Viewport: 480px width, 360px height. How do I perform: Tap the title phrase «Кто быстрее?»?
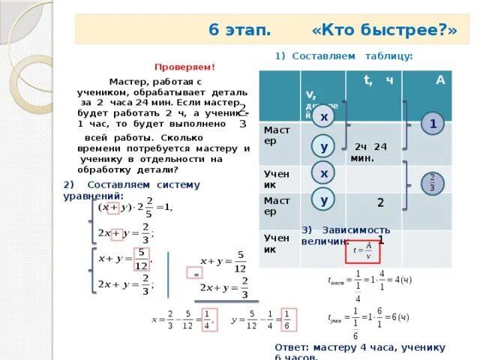(x=385, y=30)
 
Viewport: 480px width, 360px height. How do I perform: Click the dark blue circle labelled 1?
(x=433, y=124)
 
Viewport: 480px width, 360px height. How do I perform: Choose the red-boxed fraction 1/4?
(x=208, y=318)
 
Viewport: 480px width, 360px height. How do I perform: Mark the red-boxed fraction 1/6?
(x=286, y=318)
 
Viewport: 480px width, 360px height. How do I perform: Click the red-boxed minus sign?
(x=197, y=275)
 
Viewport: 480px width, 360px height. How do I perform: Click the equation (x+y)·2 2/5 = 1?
(x=139, y=207)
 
